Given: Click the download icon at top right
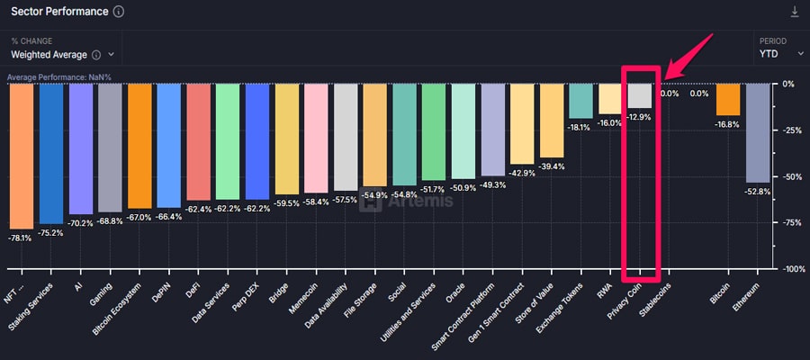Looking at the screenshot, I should [x=794, y=12].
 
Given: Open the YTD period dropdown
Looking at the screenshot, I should [x=779, y=54].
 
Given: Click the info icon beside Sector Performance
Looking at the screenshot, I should [x=119, y=13].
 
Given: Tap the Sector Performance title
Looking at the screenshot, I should [x=59, y=13].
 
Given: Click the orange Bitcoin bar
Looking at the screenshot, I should [x=728, y=99].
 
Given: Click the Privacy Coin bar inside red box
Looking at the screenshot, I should [x=639, y=95].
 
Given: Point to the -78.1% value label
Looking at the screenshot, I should [x=19, y=238].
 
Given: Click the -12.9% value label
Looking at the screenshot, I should [x=639, y=117].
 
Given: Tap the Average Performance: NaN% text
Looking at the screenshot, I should [x=59, y=77].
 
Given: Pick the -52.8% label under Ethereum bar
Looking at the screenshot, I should [x=758, y=192].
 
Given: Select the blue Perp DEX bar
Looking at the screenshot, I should [x=256, y=141].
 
